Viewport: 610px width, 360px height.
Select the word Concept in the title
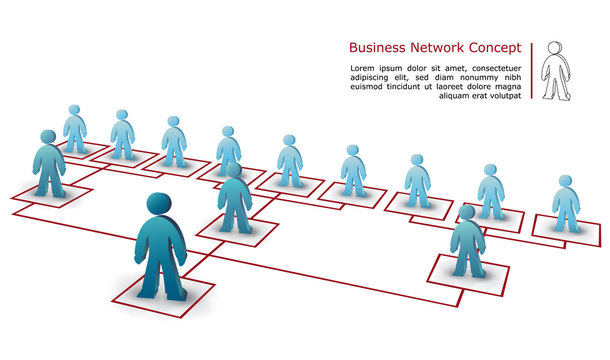(494, 47)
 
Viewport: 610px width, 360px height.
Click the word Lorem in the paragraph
(362, 68)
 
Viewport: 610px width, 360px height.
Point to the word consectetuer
(491, 68)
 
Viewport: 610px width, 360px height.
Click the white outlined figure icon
(555, 72)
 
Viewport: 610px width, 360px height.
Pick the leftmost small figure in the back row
(74, 128)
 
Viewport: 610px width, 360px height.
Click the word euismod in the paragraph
(367, 86)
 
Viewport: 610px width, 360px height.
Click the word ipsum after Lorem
(392, 68)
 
